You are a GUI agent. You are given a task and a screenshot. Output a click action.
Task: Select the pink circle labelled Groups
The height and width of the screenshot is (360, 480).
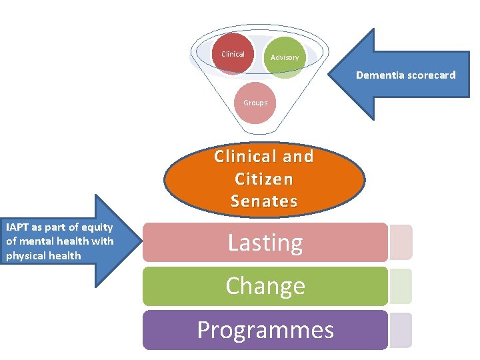[255, 103]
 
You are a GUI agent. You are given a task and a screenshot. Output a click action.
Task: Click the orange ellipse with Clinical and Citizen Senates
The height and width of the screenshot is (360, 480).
[264, 178]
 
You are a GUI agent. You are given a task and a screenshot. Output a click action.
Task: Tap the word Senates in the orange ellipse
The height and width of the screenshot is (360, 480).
[264, 201]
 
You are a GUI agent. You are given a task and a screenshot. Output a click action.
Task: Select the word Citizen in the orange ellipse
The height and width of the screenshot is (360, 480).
[264, 179]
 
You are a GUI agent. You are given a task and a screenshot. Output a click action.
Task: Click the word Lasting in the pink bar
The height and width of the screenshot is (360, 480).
[265, 242]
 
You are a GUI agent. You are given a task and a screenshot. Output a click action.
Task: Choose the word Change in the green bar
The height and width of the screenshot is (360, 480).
[265, 285]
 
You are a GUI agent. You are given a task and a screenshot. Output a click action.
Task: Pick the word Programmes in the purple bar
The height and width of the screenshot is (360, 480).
[265, 329]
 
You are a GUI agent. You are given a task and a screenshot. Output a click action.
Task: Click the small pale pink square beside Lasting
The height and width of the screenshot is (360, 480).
[400, 241]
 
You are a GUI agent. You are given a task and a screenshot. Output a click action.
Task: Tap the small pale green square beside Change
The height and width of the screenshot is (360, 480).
[400, 286]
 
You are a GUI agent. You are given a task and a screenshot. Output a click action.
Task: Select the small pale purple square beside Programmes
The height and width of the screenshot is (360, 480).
[400, 330]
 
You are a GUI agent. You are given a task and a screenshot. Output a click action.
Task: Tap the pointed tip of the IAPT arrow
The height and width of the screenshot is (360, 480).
[142, 241]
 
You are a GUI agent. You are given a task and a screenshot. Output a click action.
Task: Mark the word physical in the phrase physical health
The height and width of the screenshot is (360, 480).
[26, 255]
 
